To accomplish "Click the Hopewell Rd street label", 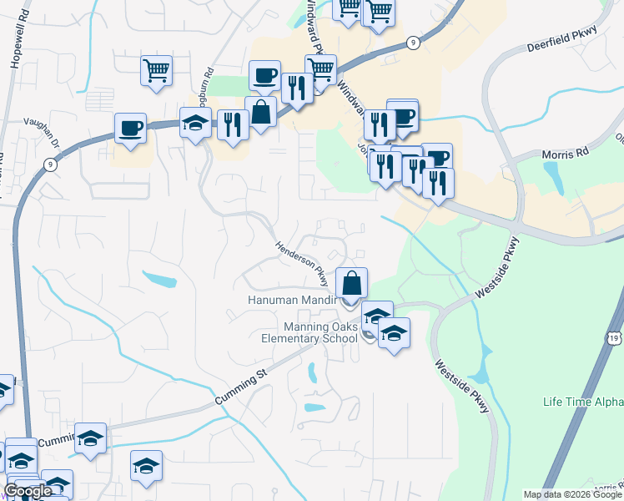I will [x=14, y=51].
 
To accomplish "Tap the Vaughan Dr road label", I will [x=43, y=132].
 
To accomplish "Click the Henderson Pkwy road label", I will [x=302, y=263].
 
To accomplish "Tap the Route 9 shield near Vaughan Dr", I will [x=52, y=165].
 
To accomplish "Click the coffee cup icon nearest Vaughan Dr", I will [x=130, y=128].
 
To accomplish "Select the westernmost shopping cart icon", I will [x=156, y=70].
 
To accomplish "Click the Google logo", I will [x=28, y=491].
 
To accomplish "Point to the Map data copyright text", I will [x=572, y=494].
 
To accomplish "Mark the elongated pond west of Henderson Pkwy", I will [x=159, y=279].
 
